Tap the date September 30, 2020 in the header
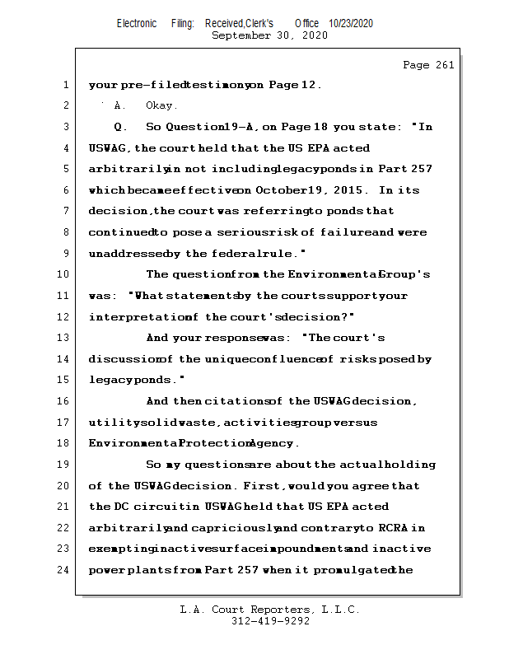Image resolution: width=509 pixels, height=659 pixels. pos(269,35)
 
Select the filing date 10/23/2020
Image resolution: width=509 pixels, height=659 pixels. pos(351,24)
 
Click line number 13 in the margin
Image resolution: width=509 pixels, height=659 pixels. pos(64,338)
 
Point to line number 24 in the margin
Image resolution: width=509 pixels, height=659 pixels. pos(64,570)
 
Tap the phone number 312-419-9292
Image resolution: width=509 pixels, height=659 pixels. pos(270,621)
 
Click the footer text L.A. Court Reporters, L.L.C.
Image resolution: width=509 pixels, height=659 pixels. pos(269,610)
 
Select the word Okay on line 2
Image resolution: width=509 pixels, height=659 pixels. pos(161,105)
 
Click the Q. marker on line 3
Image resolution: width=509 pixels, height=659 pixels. pos(120,127)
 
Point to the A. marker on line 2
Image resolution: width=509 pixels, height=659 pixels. pos(119,105)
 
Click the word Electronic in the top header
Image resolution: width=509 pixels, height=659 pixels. pos(137,24)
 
